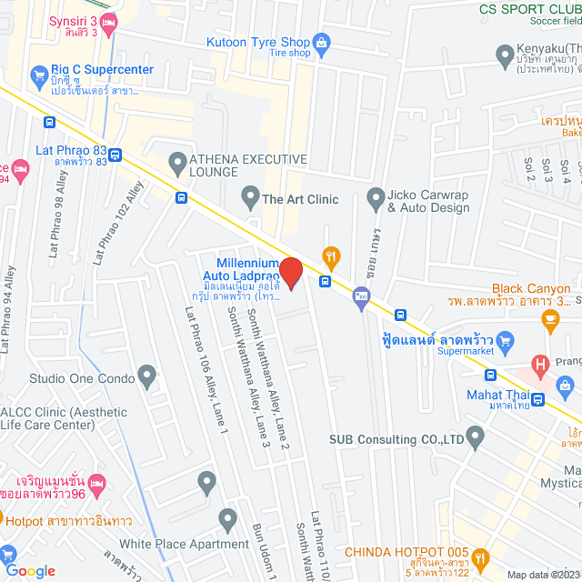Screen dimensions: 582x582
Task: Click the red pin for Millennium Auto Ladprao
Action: tap(290, 273)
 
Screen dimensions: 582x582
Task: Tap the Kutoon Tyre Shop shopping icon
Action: tap(321, 41)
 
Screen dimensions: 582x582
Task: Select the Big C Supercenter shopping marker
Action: tap(38, 74)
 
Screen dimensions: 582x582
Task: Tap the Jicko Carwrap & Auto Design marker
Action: tap(375, 196)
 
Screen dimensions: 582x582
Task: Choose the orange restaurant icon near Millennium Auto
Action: tap(332, 257)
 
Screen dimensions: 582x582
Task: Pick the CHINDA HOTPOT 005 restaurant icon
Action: tap(480, 557)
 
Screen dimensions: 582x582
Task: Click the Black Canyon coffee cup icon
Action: tap(550, 317)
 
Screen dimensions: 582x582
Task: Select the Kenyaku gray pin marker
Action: tap(507, 58)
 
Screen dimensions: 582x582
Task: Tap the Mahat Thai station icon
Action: tap(538, 399)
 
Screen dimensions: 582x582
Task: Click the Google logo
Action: tap(30, 570)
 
